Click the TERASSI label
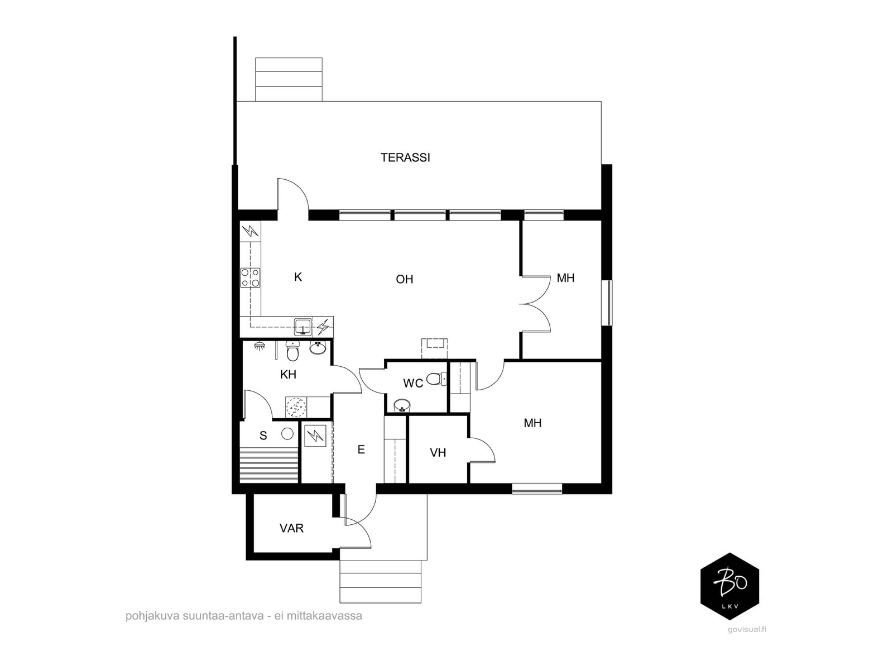[405, 157]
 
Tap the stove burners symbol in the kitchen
[250, 277]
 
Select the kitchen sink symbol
[303, 326]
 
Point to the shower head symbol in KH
[260, 346]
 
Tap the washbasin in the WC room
[401, 404]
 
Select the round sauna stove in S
[287, 433]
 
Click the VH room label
[438, 453]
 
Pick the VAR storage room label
[291, 528]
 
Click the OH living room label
[405, 279]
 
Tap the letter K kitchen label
[298, 277]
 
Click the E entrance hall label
[361, 449]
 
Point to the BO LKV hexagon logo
[729, 586]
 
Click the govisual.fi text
[747, 629]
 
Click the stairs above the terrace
[289, 79]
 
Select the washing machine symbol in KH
[296, 407]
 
